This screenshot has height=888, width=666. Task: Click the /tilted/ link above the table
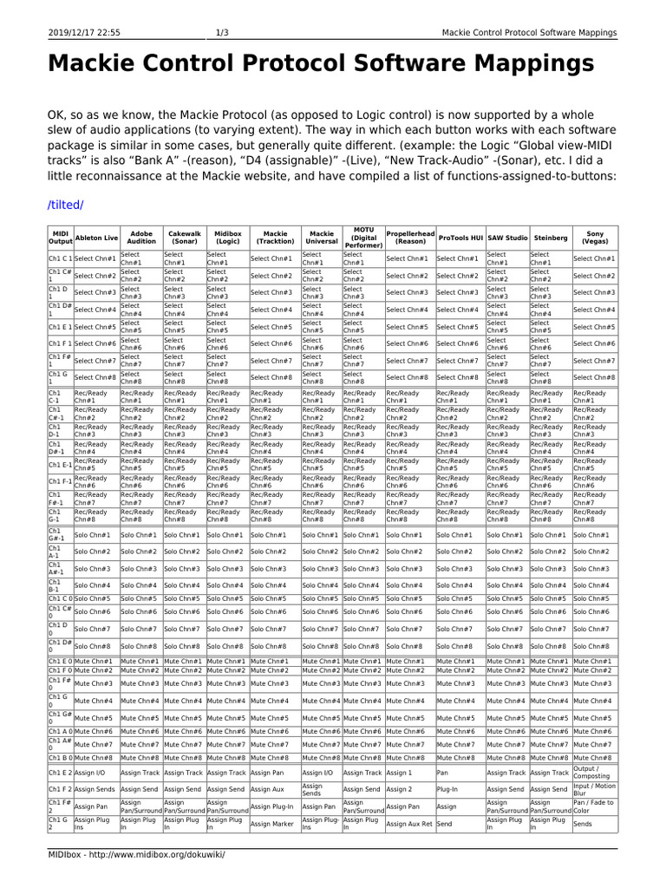click(65, 205)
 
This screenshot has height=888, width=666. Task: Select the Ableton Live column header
click(96, 237)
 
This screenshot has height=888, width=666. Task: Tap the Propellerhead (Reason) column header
click(408, 237)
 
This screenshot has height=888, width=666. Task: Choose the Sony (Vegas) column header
click(594, 237)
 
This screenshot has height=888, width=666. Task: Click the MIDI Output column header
click(60, 237)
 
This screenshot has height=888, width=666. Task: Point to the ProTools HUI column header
click(459, 237)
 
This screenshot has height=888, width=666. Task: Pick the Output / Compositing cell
click(594, 772)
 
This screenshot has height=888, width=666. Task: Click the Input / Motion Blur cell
click(594, 789)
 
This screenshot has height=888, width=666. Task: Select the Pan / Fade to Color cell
click(594, 806)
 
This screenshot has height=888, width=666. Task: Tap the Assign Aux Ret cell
click(408, 824)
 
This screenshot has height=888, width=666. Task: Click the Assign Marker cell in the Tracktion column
click(274, 824)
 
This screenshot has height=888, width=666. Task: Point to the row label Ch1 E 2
click(60, 772)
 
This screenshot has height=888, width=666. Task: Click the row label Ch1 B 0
click(60, 758)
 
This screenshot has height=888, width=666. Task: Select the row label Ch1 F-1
click(60, 480)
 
